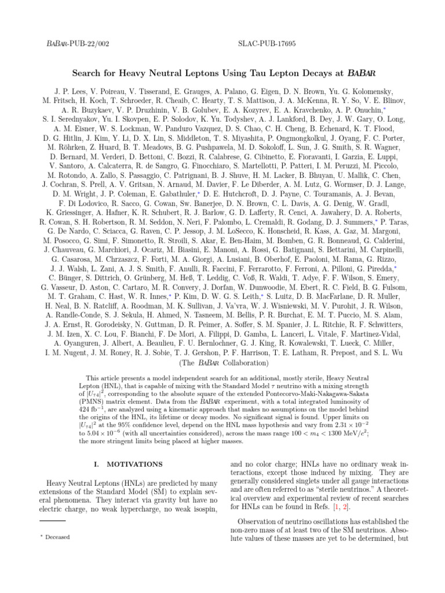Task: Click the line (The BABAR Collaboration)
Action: coord(222,363)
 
